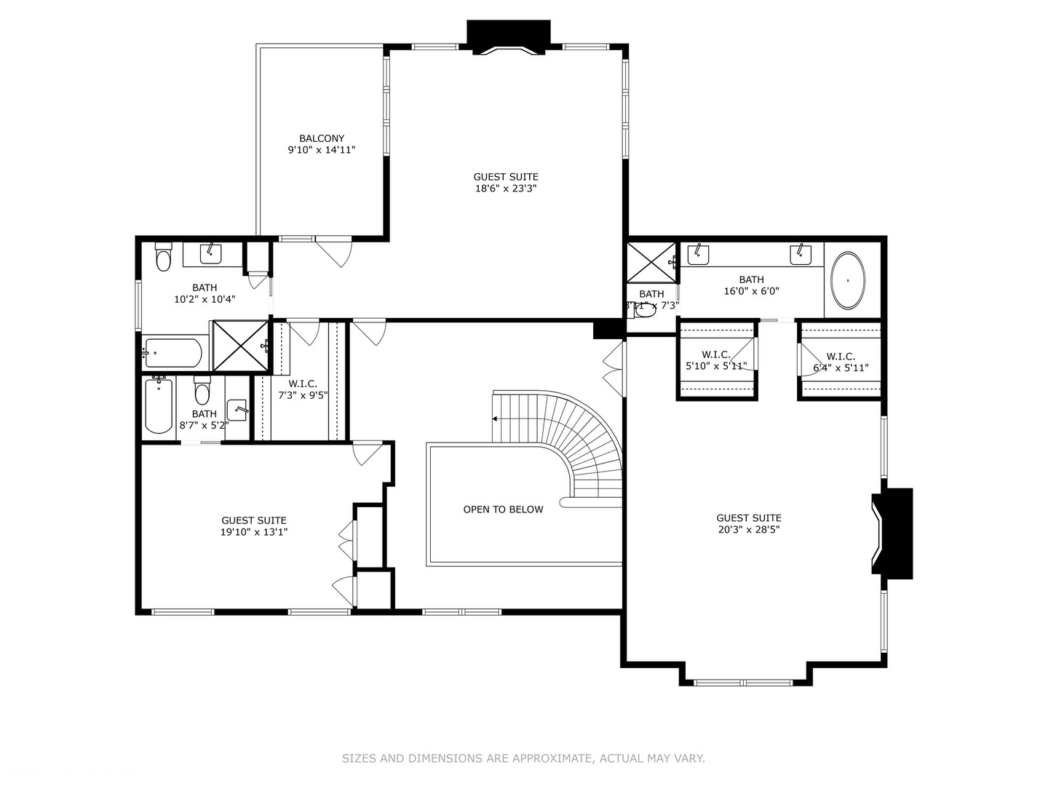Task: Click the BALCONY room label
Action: click(321, 138)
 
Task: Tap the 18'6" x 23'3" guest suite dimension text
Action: click(505, 188)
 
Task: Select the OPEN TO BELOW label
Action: click(503, 509)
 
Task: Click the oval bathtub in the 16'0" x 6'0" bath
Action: click(848, 280)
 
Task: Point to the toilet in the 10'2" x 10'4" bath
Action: click(163, 258)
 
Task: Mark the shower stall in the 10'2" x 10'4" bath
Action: click(240, 346)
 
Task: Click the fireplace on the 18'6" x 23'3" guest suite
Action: click(508, 37)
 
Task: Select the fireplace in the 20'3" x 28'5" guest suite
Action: click(893, 533)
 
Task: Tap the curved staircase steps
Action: click(582, 437)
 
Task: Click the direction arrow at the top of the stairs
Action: click(496, 418)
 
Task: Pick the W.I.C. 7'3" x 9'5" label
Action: click(303, 389)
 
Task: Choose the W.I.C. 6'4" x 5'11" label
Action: click(841, 362)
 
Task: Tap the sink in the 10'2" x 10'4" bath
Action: click(211, 253)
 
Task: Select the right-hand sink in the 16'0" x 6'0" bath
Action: click(801, 254)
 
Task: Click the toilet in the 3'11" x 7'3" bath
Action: click(645, 310)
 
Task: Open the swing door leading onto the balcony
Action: click(335, 251)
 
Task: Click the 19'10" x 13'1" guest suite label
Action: click(254, 525)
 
